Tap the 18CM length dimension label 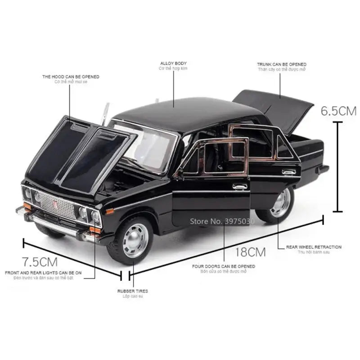click(250, 251)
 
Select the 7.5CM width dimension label click(40, 261)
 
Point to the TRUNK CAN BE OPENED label click(281, 65)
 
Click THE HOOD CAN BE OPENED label click(71, 77)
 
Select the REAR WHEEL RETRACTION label click(314, 247)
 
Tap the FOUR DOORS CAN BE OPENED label click(223, 266)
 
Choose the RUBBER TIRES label click(132, 291)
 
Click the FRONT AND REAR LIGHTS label click(43, 273)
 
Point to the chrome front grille click(57, 206)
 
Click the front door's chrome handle click(239, 186)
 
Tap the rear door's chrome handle click(288, 171)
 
